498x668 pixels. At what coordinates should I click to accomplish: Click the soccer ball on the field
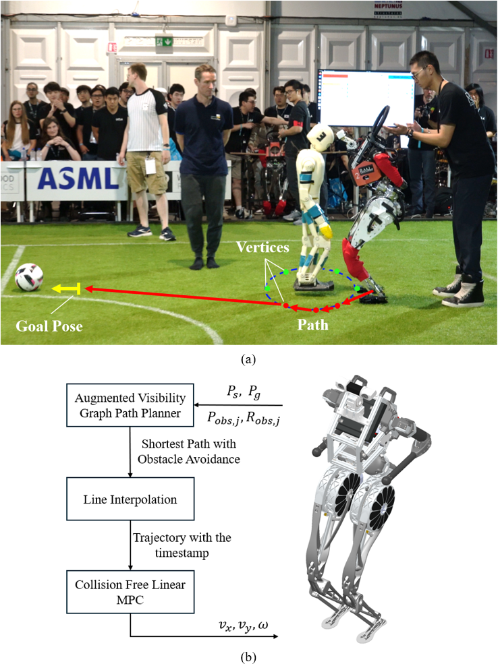[28, 276]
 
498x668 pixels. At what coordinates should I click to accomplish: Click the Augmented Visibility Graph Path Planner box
[128, 404]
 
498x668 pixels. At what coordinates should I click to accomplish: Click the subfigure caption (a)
[249, 359]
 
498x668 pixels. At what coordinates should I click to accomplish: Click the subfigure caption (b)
[249, 655]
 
